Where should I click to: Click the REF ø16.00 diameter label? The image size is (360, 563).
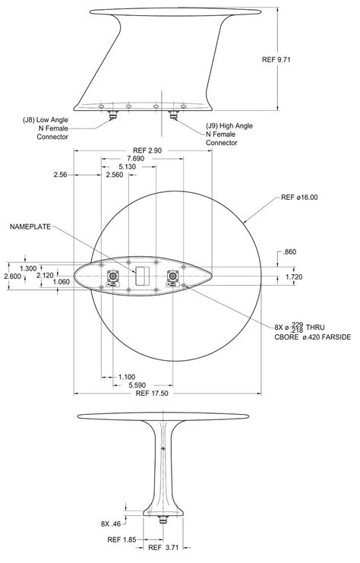299,198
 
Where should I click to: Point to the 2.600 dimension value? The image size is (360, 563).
13,277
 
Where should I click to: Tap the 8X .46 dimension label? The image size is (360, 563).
112,524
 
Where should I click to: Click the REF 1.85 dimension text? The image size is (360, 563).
122,539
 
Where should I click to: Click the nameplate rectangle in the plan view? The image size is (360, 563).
141,275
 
